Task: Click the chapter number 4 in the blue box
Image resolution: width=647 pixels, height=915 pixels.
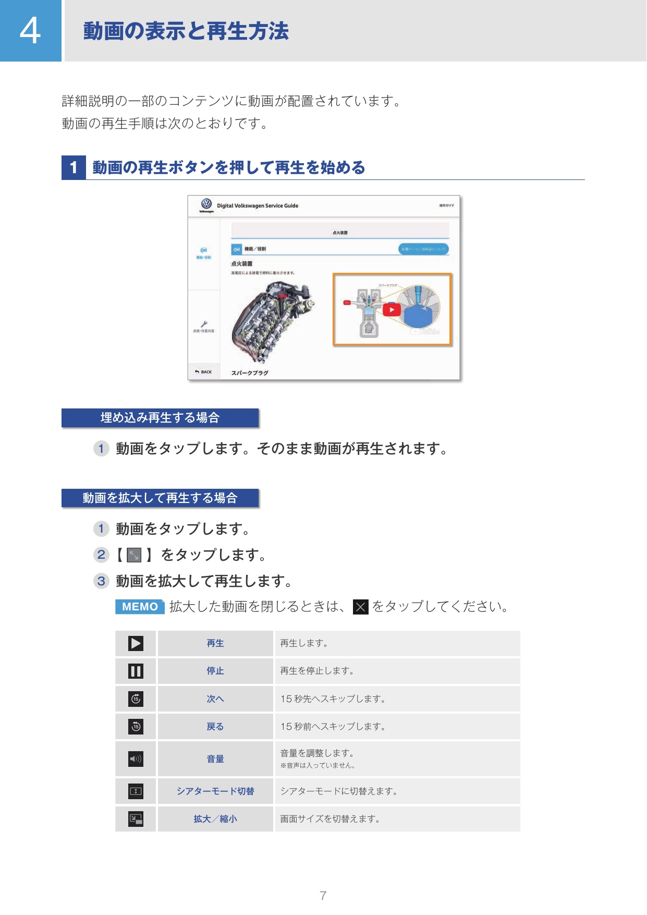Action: pos(30,31)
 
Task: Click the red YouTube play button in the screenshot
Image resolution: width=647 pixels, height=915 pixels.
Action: pos(392,310)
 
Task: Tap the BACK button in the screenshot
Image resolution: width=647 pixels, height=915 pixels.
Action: pos(203,372)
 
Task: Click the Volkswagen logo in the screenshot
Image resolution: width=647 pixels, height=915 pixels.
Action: pos(206,204)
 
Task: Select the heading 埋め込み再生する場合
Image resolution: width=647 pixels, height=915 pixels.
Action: pos(160,418)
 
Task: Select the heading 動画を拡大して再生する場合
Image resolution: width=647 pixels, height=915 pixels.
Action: pos(160,498)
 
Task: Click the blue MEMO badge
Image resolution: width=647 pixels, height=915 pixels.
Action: pos(140,607)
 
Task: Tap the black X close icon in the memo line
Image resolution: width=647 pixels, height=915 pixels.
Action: pos(361,607)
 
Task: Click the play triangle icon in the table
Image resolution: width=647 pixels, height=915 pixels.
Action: pos(136,643)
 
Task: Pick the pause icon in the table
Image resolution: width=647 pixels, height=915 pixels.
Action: pos(136,671)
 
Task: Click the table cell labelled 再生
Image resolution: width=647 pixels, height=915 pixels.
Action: pos(215,643)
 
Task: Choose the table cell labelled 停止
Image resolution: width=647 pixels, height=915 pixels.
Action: pos(215,671)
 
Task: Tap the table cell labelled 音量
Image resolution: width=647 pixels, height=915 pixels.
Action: pos(215,759)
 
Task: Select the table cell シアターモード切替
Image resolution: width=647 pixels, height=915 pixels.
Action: pos(215,791)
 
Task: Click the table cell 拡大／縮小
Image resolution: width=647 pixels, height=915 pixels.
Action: pos(215,819)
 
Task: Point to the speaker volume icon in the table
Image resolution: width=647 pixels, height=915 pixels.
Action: pos(136,759)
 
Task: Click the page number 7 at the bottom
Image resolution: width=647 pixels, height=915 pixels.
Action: pos(323,896)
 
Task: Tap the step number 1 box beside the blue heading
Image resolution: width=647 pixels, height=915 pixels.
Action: pos(74,167)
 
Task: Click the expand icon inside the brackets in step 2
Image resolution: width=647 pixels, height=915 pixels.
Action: pos(135,555)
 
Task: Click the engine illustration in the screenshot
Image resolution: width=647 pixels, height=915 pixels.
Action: pos(271,321)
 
